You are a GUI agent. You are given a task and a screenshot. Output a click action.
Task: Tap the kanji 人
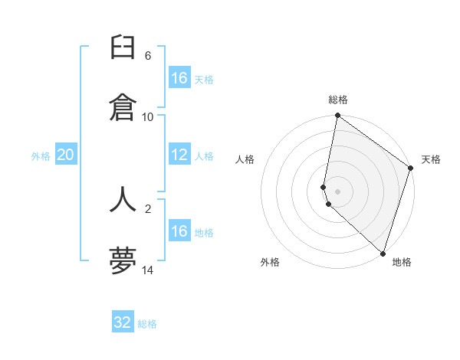123,198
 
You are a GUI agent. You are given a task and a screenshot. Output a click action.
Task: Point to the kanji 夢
123,260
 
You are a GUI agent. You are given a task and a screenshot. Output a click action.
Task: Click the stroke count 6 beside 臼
147,56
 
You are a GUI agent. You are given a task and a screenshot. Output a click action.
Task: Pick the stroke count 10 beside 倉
147,116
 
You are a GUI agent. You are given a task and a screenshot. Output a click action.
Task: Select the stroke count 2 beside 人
147,208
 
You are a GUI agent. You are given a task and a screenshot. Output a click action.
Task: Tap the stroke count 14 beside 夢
147,270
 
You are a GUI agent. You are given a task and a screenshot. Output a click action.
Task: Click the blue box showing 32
123,322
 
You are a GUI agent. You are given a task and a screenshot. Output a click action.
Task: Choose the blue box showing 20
65,155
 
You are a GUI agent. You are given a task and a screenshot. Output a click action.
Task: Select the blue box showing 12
179,155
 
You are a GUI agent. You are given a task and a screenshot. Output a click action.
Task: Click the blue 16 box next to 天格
179,78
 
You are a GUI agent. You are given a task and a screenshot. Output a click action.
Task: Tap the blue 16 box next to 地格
179,231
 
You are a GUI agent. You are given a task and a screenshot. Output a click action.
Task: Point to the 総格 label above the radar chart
338,100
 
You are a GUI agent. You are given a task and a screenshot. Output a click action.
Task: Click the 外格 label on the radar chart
270,262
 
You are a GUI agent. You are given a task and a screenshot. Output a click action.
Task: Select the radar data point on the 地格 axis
383,252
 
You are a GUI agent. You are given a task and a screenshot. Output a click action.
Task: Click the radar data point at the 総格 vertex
338,116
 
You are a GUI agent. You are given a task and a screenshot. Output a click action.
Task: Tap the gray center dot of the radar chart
338,191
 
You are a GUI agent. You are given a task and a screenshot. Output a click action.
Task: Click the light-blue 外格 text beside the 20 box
41,155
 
